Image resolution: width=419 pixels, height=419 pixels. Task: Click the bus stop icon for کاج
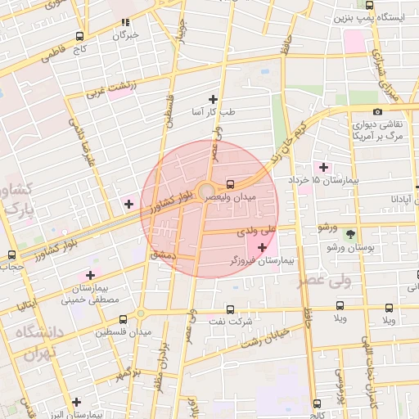coord(79,36)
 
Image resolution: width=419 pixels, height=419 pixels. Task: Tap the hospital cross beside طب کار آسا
coord(214,98)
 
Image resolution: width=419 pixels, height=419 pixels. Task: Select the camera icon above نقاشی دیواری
coord(377,111)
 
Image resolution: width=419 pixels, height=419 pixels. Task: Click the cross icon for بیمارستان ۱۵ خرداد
coord(324,167)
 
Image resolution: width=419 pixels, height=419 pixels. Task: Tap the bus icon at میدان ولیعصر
coord(230,184)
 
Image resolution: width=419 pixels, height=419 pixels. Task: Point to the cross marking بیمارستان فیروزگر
coord(262,247)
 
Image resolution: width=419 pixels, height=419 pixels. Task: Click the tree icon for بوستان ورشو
coord(350,234)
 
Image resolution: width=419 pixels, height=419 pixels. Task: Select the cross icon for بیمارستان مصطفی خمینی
coord(90,275)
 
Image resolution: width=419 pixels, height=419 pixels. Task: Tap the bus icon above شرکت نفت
coord(230,309)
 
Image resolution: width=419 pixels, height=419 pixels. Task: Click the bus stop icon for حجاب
coord(11,255)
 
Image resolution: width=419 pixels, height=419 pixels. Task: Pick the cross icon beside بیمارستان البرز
coord(76,402)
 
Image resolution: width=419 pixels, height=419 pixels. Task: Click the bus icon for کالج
coord(317,403)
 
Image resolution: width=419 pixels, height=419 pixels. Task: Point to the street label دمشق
coord(164,255)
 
